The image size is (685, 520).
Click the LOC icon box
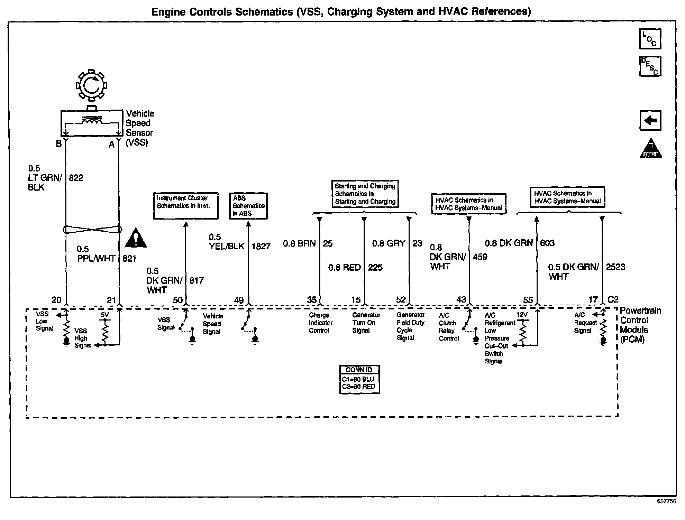[x=650, y=39]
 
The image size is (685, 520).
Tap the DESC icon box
[x=650, y=66]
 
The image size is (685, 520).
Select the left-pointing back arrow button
[x=650, y=120]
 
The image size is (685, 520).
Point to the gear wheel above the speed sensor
[x=91, y=85]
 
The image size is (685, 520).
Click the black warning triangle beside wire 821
[x=136, y=239]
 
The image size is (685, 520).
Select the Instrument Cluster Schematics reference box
[x=186, y=206]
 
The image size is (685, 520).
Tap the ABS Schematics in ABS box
[x=248, y=206]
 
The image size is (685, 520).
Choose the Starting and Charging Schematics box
[x=365, y=194]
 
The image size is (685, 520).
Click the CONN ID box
[x=359, y=379]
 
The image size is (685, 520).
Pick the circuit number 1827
[x=261, y=246]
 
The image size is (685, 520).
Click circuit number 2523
[x=615, y=267]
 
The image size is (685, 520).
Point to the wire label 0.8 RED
[x=344, y=267]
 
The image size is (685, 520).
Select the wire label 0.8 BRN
[x=299, y=243]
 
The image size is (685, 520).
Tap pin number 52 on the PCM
[x=401, y=300]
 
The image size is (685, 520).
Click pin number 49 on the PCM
[x=239, y=300]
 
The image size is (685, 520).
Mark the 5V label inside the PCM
[x=104, y=315]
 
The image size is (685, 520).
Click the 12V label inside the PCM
[x=522, y=315]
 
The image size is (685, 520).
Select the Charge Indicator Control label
[x=320, y=323]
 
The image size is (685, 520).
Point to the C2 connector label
[x=613, y=299]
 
